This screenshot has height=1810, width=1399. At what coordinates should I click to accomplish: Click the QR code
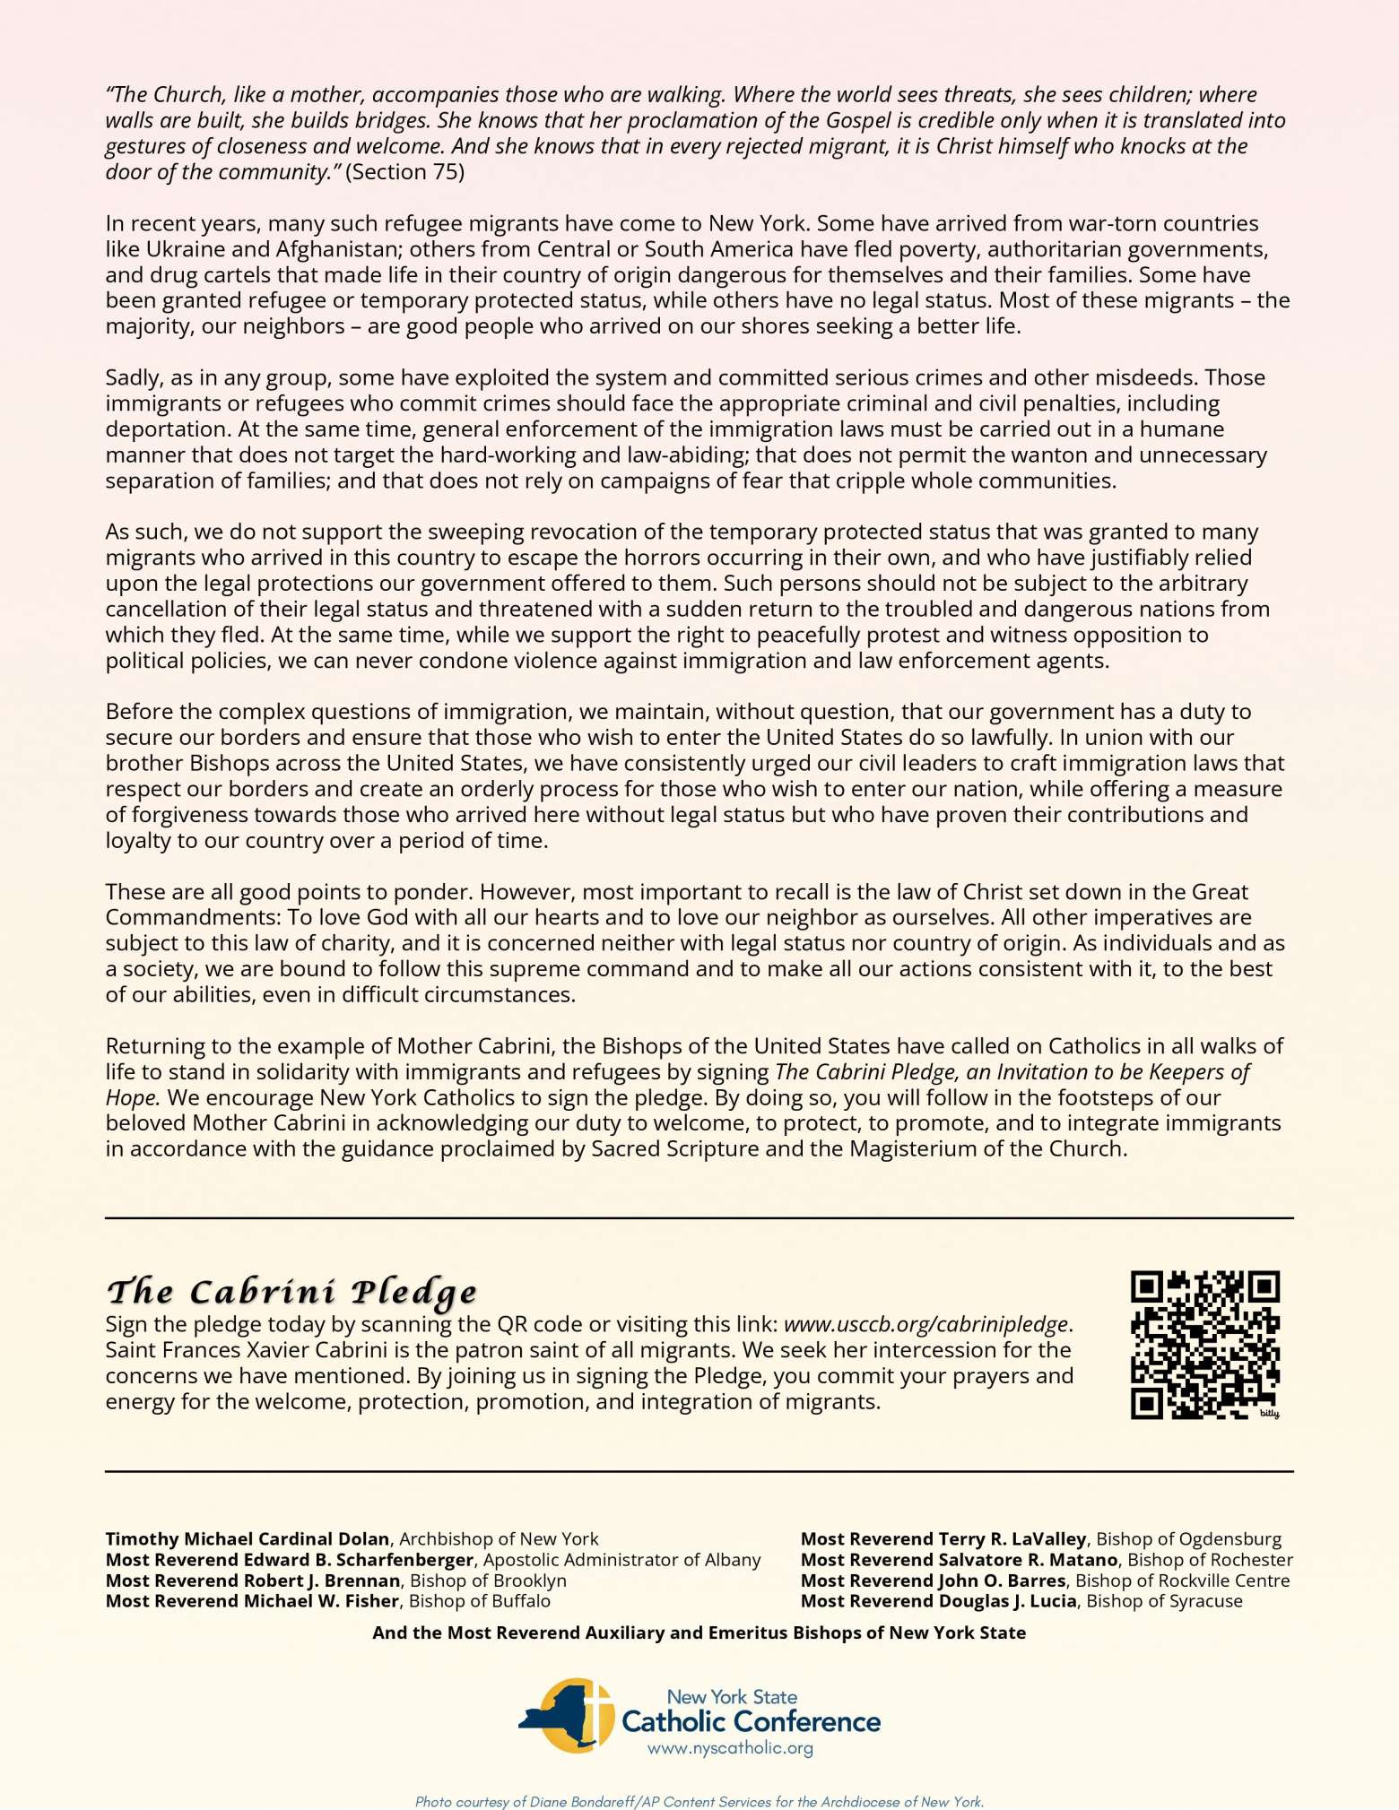(1204, 1345)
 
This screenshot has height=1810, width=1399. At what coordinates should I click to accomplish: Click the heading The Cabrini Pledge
(291, 1292)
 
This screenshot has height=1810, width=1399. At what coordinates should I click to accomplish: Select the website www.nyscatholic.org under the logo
(730, 1748)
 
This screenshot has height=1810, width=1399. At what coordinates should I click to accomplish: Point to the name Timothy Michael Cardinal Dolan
(247, 1539)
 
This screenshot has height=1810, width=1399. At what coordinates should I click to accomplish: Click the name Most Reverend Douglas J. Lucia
(938, 1601)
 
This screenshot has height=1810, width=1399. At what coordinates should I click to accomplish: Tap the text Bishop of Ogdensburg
(1188, 1539)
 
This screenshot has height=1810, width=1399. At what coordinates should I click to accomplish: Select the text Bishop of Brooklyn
(487, 1581)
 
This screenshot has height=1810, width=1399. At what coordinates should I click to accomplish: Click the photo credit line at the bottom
(699, 1801)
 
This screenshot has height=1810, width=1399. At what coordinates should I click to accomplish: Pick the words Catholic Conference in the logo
(751, 1721)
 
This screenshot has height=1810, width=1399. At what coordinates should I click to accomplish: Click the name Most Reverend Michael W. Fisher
(252, 1601)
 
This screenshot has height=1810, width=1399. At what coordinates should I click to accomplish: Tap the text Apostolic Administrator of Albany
(621, 1560)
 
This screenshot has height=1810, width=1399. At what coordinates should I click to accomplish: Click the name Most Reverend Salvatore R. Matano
(959, 1560)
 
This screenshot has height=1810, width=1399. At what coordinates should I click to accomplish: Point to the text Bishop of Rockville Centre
(1182, 1581)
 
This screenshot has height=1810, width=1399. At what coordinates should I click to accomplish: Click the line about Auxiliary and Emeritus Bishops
(699, 1632)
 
